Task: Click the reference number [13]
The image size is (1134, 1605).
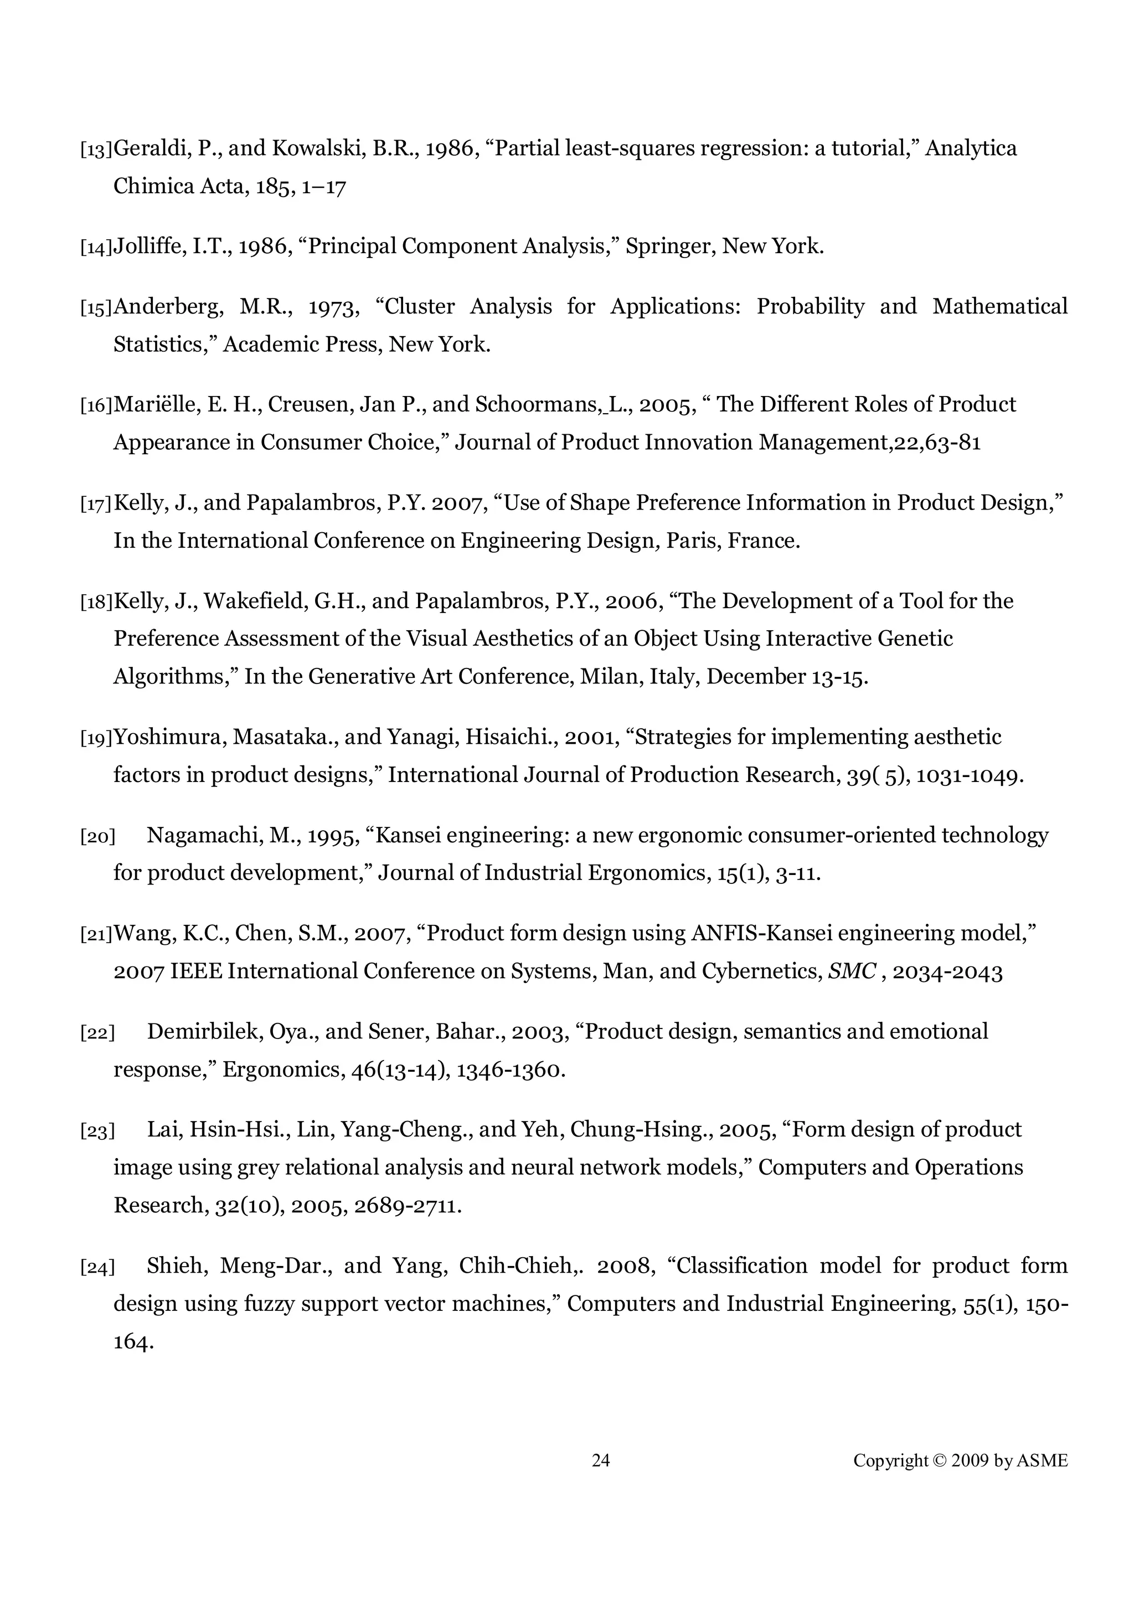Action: (x=96, y=150)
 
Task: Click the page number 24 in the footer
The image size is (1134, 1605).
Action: (x=601, y=1461)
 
